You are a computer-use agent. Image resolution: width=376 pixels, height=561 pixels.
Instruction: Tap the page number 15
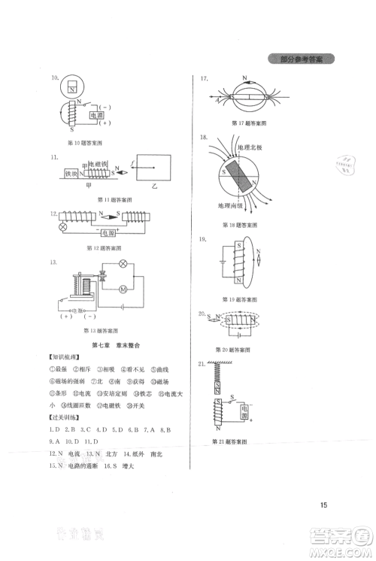323,504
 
